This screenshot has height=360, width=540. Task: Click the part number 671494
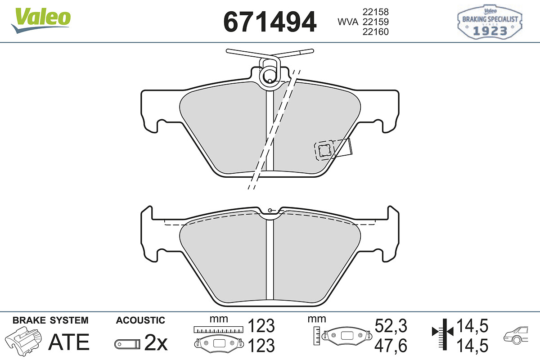[270, 22]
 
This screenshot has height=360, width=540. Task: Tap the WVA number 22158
[376, 12]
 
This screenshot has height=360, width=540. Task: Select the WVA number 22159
[376, 22]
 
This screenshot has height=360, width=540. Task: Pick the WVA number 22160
[376, 32]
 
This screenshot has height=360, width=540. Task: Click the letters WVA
[348, 22]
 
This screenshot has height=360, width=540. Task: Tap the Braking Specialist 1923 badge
[490, 22]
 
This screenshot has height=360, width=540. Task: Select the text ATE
[69, 342]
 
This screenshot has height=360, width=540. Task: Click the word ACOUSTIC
[140, 320]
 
